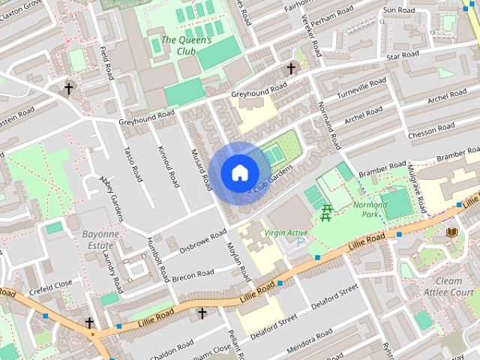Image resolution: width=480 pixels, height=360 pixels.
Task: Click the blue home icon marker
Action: (238, 172)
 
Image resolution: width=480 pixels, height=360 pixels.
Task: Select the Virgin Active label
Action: (286, 233)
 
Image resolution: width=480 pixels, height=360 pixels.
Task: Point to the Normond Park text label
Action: (370, 209)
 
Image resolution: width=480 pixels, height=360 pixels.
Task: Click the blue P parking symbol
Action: (301, 244)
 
